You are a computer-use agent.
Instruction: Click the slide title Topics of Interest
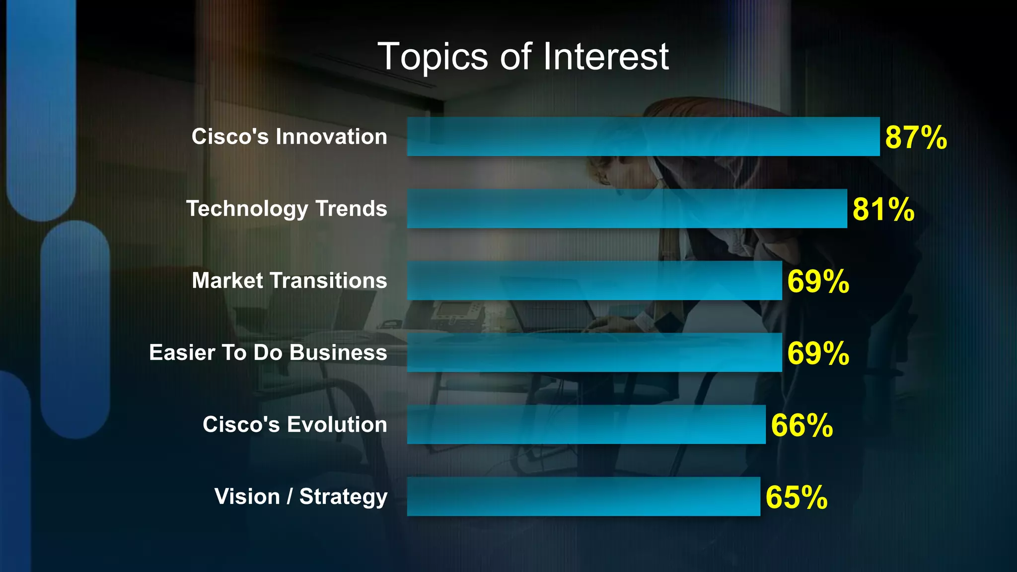pos(523,57)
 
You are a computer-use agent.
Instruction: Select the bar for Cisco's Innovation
pos(643,137)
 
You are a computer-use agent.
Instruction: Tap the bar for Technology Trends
pos(627,209)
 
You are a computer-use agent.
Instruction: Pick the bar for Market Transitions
pos(594,281)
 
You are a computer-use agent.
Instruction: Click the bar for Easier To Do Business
pos(594,353)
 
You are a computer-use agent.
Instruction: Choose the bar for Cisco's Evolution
pos(586,425)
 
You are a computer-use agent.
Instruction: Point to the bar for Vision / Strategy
pos(583,497)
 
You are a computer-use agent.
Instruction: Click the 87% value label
pos(916,138)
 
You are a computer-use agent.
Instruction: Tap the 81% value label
pos(883,210)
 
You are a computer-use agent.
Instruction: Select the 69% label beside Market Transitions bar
pos(818,282)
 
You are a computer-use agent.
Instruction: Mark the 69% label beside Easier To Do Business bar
pos(818,354)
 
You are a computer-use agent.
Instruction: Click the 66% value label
pos(801,426)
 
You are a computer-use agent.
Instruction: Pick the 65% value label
pos(796,498)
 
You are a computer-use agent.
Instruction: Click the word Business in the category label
pos(338,353)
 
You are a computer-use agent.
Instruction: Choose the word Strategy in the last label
pos(343,497)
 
